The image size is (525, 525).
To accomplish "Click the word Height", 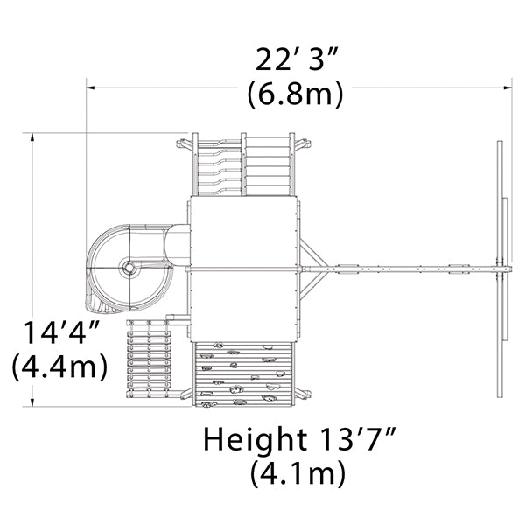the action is [x=255, y=439].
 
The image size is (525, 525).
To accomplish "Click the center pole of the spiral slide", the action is [x=129, y=268].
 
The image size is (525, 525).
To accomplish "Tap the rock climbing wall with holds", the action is [x=243, y=374].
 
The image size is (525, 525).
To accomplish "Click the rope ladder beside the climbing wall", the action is [x=149, y=359].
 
